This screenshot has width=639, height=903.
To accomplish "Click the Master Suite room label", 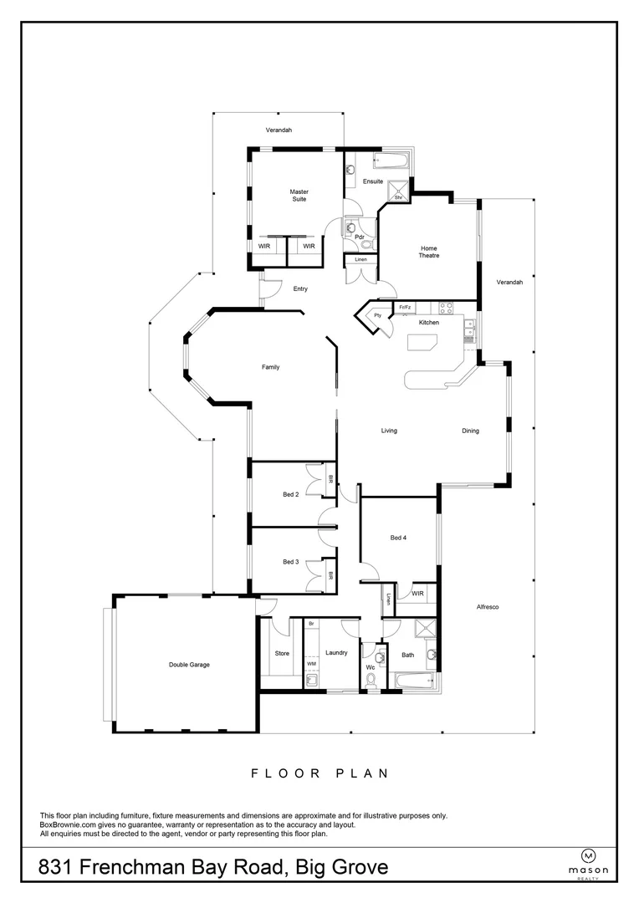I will [299, 196].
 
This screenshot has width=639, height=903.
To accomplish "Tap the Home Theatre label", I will [429, 252].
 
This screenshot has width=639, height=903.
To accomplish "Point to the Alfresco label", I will [487, 606].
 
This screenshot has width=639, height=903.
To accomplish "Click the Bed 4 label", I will [400, 538].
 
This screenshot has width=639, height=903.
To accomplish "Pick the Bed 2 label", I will [290, 495].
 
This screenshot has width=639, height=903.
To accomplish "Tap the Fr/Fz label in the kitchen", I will [405, 308].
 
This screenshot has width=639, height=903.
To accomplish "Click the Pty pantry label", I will [377, 315].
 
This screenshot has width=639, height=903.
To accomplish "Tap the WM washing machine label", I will [311, 663].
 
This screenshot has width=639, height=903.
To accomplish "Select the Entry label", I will [300, 289].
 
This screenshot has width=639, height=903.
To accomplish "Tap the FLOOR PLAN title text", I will [319, 773].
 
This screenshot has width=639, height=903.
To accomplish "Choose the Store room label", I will [282, 655].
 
